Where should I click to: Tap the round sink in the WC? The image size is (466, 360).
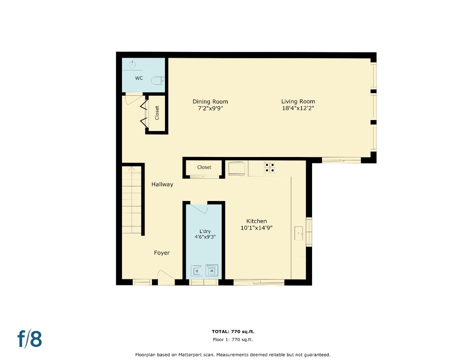pos(132,64)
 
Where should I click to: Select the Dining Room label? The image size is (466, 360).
pos(210,102)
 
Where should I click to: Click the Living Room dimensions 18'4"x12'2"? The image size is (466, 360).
pos(298,108)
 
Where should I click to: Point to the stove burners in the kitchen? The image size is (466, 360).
pos(270,168)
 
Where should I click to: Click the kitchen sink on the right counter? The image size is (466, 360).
pos(298,233)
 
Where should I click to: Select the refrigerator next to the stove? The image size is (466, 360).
pos(237,168)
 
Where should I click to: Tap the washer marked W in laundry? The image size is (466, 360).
pos(212,270)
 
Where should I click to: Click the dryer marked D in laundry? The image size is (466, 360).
pos(197,270)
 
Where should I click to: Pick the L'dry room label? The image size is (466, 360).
pos(205,231)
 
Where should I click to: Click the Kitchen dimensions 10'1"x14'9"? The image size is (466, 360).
pos(256,228)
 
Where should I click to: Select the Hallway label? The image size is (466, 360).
pos(162,184)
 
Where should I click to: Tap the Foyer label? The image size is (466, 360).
pos(162,253)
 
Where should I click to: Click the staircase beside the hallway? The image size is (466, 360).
pos(132,200)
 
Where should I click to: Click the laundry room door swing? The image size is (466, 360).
pos(199,208)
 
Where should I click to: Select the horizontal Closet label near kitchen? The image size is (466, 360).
pos(204,167)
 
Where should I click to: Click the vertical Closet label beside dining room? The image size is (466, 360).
pos(157,113)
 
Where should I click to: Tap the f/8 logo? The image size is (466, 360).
pos(30,339)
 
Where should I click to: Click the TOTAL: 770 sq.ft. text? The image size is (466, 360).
pos(233,332)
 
